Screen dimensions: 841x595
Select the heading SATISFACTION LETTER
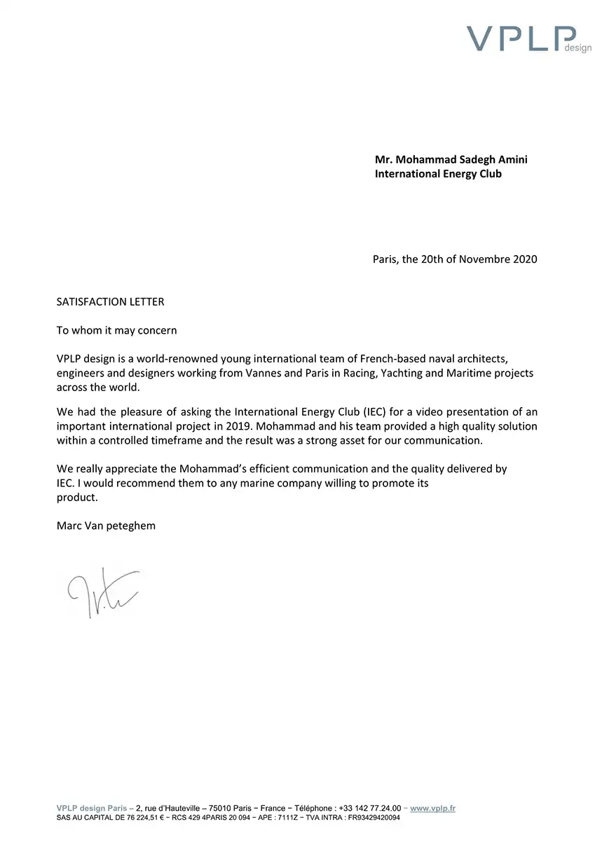click(110, 302)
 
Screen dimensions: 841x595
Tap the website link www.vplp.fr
click(432, 808)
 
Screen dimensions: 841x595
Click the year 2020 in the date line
click(525, 259)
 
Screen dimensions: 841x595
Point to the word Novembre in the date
click(485, 259)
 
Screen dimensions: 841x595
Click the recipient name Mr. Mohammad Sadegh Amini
click(451, 159)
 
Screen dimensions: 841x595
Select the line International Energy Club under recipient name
click(438, 173)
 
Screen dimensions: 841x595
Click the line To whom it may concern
click(116, 330)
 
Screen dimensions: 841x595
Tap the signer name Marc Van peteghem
click(106, 525)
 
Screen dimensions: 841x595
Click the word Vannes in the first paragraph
click(264, 373)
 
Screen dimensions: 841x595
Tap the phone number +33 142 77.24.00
click(370, 808)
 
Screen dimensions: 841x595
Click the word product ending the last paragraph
click(76, 497)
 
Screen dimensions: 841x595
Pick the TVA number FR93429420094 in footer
click(374, 817)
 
